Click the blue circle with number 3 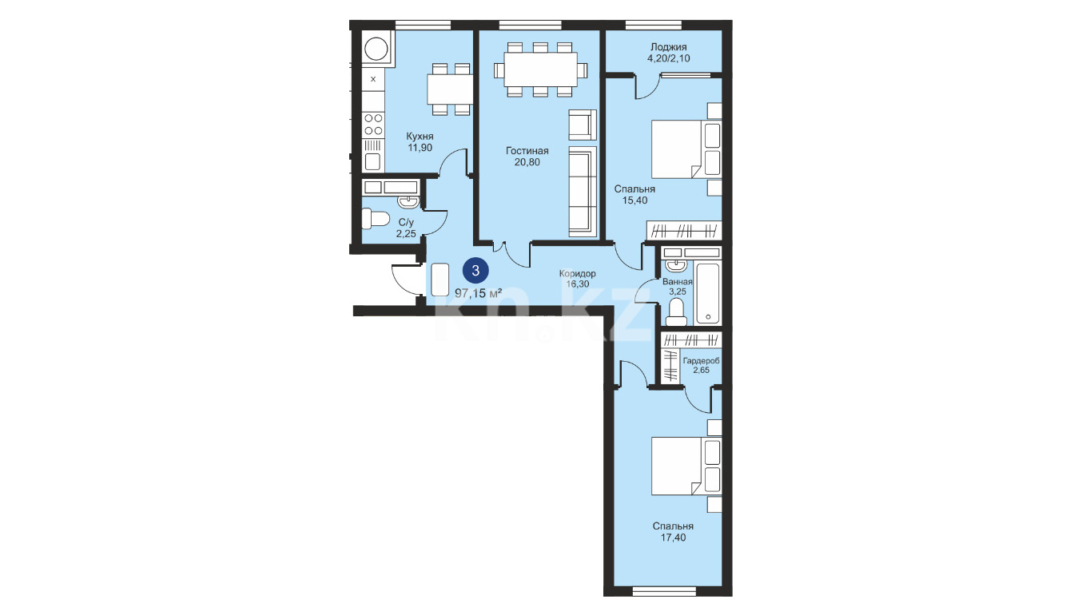tap(475, 271)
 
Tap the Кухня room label tap(420, 136)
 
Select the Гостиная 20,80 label tap(527, 157)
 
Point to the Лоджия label tap(669, 47)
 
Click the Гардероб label tap(701, 361)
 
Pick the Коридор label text tap(578, 273)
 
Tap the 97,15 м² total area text tap(478, 292)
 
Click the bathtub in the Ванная tap(708, 294)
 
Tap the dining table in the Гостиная tap(540, 69)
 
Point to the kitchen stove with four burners tap(373, 125)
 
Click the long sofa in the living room tap(583, 192)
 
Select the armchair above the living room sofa tap(583, 125)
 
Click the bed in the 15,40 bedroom tap(686, 149)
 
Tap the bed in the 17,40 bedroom tap(686, 466)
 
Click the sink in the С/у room tap(409, 201)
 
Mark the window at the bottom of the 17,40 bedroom tap(665, 592)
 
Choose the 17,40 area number tap(673, 538)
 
